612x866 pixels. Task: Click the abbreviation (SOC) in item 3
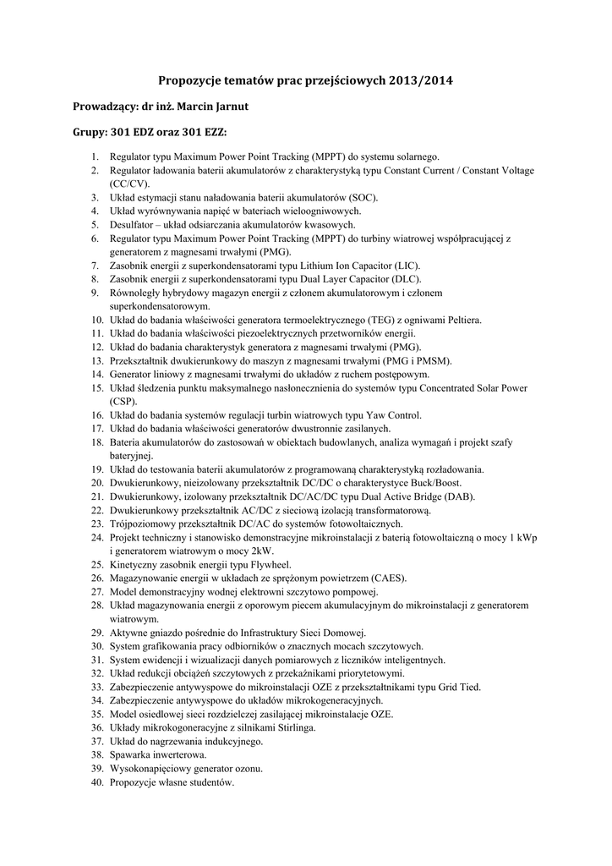coord(361,197)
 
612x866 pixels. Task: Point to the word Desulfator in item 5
coord(131,224)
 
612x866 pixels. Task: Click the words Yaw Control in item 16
coord(392,415)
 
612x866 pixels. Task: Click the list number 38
coord(96,755)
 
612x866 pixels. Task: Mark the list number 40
coord(96,783)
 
